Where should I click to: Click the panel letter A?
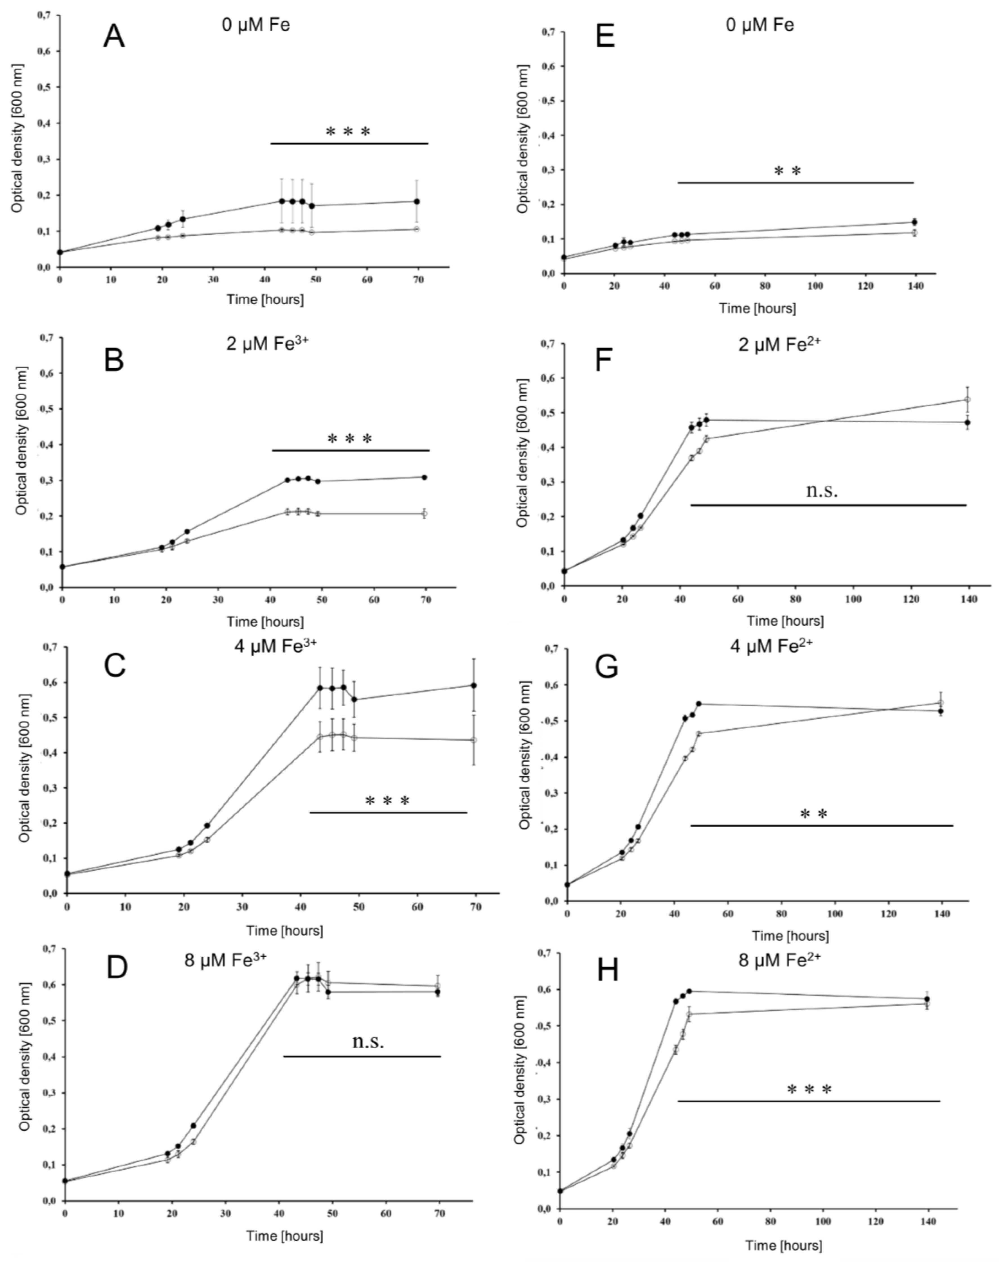coord(114,36)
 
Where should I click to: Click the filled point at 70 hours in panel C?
coord(474,686)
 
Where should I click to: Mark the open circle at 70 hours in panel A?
coord(416,229)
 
